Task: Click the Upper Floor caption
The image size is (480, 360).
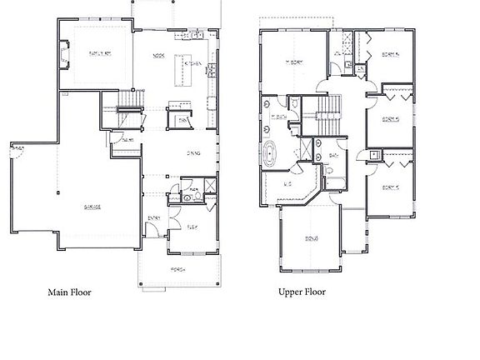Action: pyautogui.click(x=302, y=292)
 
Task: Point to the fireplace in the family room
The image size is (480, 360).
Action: pyautogui.click(x=64, y=56)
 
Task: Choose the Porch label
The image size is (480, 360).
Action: pyautogui.click(x=178, y=268)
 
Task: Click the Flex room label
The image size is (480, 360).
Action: pyautogui.click(x=192, y=226)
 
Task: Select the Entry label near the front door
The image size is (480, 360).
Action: pyautogui.click(x=154, y=218)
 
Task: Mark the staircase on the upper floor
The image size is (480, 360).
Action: pyautogui.click(x=331, y=106)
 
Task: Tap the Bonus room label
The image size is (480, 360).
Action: pyautogui.click(x=311, y=239)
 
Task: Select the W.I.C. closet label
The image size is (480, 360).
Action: pyautogui.click(x=287, y=182)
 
